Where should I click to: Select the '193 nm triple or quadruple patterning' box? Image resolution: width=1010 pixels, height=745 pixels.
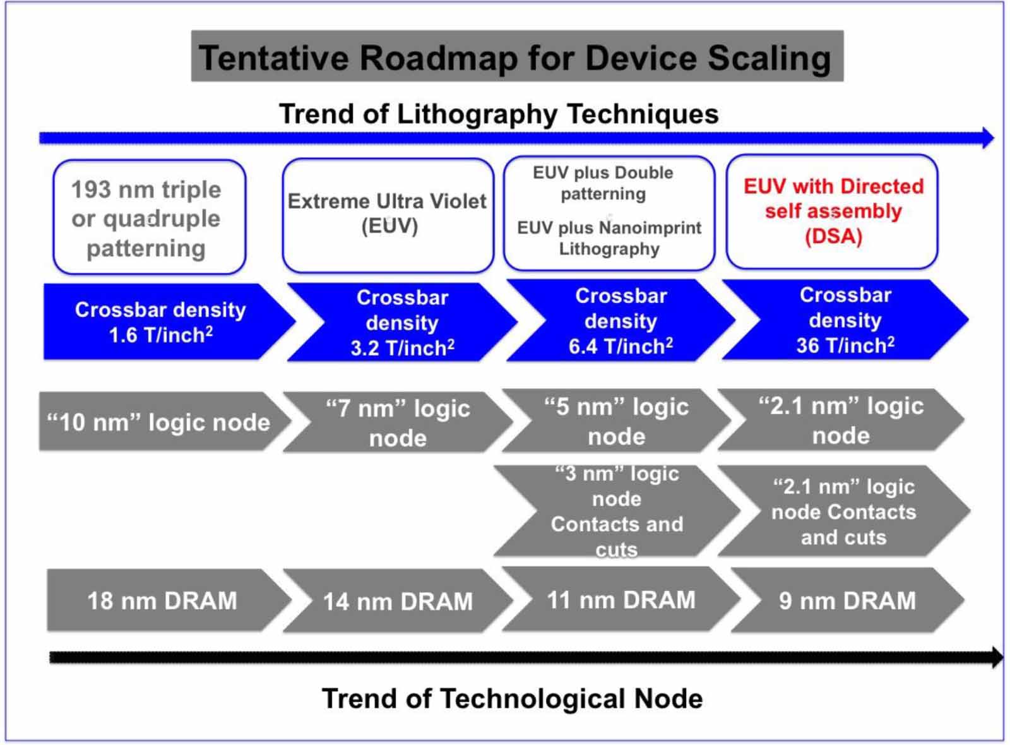pos(148,218)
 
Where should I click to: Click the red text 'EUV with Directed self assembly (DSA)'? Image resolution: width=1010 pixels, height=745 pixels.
pos(833,211)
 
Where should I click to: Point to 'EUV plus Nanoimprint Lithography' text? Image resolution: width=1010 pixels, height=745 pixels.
pos(609,238)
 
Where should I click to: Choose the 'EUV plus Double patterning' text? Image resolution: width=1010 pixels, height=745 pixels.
pos(603,182)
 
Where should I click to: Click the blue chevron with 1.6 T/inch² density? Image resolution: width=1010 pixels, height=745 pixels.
pos(161,322)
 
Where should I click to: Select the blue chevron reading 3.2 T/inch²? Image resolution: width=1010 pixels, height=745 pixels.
pos(403,322)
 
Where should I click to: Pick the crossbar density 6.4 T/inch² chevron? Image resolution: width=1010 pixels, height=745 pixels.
pos(621,321)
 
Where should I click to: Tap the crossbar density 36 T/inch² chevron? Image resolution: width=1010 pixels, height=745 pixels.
pos(845,320)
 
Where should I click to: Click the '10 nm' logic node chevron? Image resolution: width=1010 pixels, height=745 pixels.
pos(159,422)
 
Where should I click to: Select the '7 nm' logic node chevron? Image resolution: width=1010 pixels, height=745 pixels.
pos(398,422)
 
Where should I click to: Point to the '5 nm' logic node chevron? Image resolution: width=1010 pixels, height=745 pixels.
pos(616,421)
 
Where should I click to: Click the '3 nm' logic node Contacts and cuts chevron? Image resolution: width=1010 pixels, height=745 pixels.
pos(616,511)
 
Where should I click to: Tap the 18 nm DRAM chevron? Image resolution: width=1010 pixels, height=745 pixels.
pos(162,600)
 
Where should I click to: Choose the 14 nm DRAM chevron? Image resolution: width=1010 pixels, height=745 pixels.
pos(398,601)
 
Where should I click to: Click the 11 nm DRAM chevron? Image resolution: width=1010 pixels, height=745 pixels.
pos(621,599)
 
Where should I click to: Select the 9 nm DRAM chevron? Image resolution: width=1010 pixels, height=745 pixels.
pos(847,600)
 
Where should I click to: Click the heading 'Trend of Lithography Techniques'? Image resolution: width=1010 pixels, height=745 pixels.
pos(499,114)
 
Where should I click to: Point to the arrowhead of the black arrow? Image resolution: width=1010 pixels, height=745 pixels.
pos(997,658)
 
